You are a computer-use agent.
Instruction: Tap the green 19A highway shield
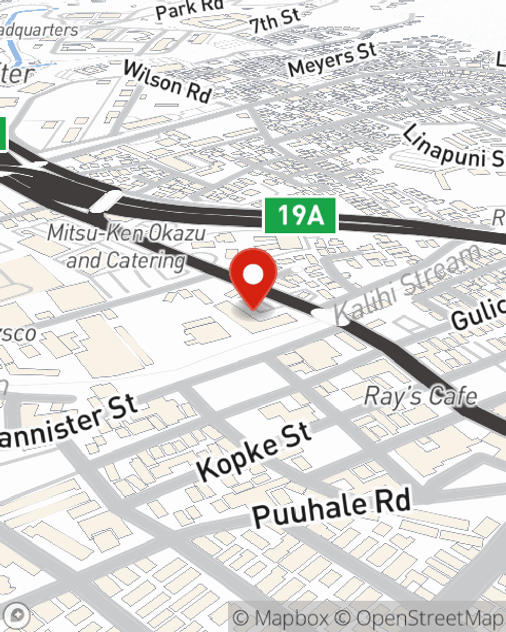[x=301, y=215]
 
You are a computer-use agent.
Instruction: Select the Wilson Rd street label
[x=167, y=81]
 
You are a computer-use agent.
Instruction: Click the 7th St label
[x=274, y=21]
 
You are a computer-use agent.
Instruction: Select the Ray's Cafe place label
[x=420, y=396]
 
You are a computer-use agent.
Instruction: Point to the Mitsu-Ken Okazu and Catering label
[x=126, y=247]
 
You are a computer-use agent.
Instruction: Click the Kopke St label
[x=253, y=451]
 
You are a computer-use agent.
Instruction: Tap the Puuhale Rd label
[x=331, y=507]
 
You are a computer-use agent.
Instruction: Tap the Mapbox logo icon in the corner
[x=16, y=615]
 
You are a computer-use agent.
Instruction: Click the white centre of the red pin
[x=253, y=275]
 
